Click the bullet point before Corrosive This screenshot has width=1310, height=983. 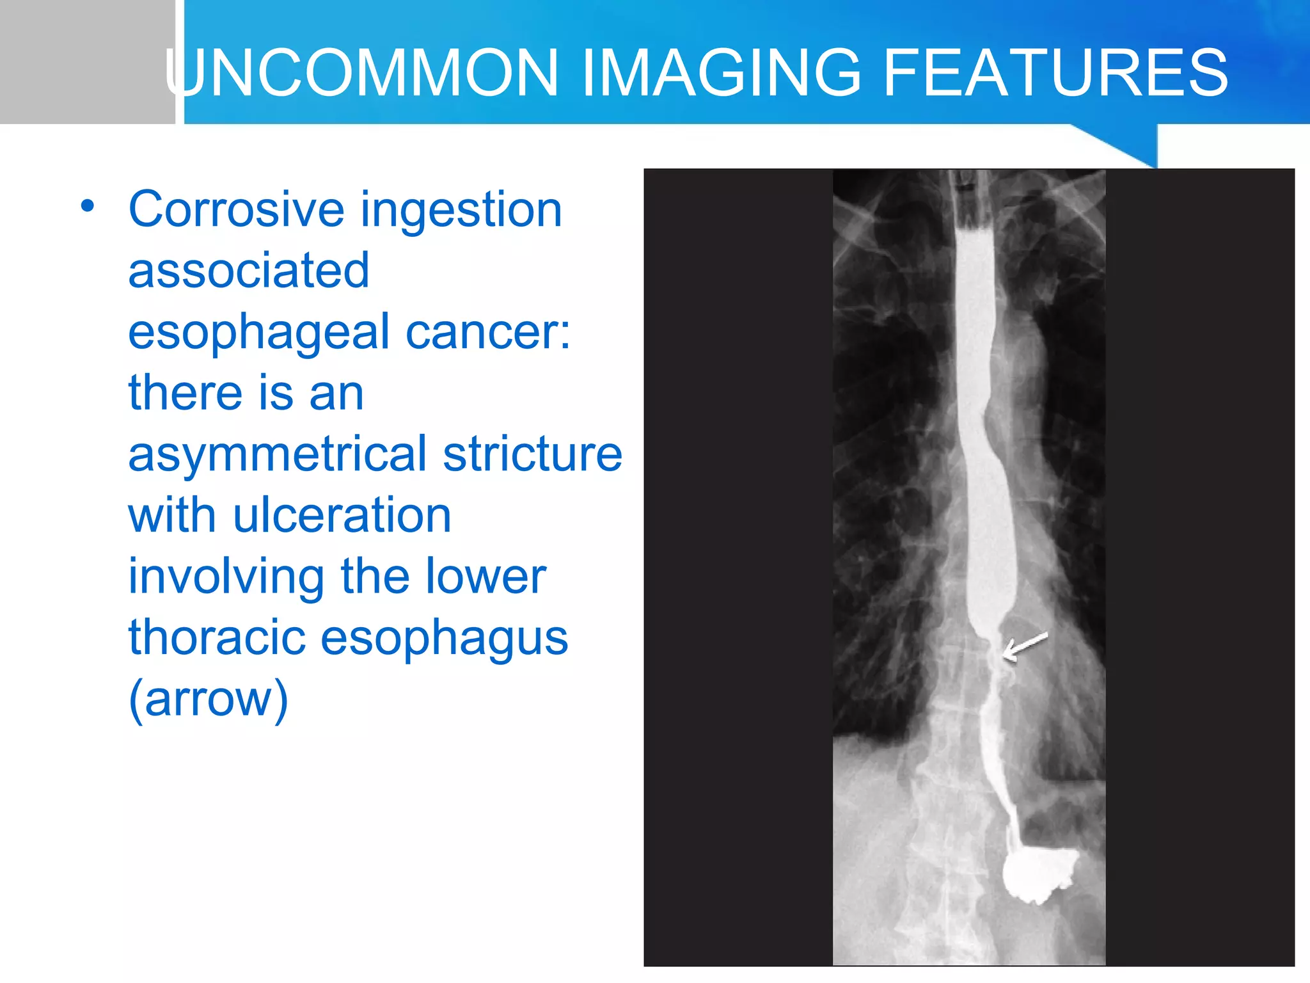click(x=88, y=207)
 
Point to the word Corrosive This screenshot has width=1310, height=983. click(x=237, y=209)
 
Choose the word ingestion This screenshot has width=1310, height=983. click(x=461, y=209)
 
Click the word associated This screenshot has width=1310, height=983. click(x=249, y=270)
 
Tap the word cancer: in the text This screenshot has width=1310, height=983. click(x=488, y=332)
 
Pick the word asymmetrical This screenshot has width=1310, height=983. click(x=277, y=454)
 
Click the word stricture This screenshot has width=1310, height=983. click(x=532, y=454)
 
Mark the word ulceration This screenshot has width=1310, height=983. click(x=342, y=515)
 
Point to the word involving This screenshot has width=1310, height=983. click(x=226, y=577)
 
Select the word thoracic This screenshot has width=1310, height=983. click(x=216, y=637)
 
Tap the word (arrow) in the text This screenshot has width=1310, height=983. click(x=209, y=699)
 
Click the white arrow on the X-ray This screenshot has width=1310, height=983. click(x=1025, y=646)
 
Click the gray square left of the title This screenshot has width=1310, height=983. click(x=87, y=61)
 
